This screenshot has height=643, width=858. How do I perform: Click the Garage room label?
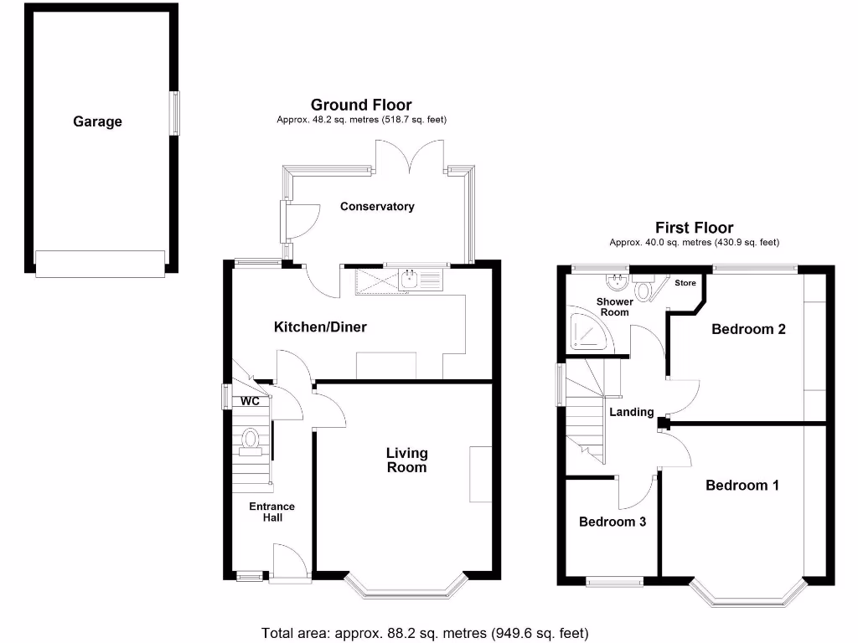click(97, 121)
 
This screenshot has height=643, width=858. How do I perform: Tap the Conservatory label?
click(377, 206)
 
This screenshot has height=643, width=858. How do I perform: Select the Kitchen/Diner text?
click(320, 327)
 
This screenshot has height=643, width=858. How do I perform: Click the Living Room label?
click(406, 460)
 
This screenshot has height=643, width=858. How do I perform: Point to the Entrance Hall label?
click(271, 512)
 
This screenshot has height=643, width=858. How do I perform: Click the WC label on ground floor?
click(250, 401)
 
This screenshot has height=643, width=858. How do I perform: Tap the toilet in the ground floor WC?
click(250, 440)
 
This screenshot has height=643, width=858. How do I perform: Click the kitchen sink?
click(410, 280)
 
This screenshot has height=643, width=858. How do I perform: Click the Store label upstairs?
click(685, 283)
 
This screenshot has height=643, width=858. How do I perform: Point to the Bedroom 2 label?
click(748, 329)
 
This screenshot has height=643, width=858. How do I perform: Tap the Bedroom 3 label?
click(612, 522)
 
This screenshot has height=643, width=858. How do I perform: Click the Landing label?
click(631, 412)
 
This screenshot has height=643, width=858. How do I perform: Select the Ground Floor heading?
click(361, 105)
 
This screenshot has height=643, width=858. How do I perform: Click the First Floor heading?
click(694, 228)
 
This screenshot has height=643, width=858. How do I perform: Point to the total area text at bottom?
click(426, 632)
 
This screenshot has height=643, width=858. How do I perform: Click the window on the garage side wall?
click(175, 113)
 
